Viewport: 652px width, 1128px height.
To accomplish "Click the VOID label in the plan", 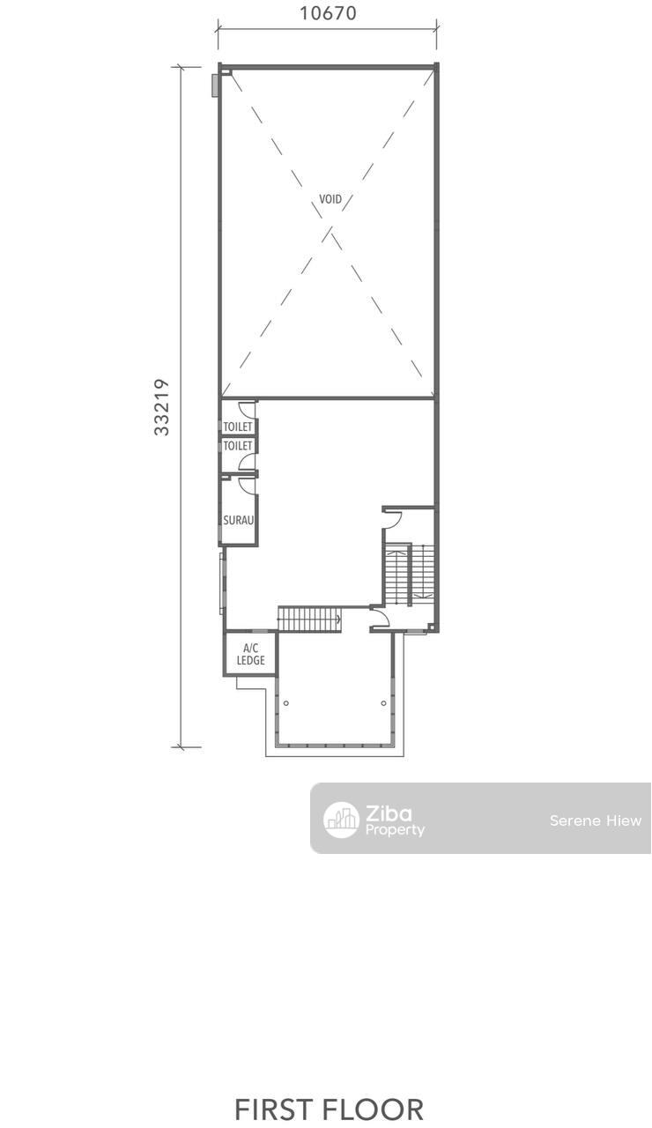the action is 330,199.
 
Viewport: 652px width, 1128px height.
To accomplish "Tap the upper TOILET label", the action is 238,427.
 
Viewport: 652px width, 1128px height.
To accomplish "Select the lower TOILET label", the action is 238,446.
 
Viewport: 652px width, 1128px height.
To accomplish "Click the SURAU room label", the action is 238,520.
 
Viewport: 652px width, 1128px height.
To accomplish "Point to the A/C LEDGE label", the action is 251,654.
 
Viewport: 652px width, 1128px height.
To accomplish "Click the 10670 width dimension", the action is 328,13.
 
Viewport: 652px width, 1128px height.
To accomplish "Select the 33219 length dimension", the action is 161,407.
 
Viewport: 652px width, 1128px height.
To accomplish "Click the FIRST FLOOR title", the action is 329,1109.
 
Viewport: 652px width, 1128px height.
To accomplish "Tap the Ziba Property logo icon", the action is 341,820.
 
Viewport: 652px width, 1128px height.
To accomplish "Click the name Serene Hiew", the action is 596,820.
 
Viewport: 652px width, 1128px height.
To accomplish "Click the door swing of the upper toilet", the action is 247,410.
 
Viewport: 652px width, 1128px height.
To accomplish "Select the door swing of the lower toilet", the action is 247,461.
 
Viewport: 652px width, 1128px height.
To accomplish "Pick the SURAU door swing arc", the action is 247,486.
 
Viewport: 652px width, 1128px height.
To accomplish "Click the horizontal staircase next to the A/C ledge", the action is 309,619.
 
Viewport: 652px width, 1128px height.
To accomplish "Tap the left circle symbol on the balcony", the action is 286,703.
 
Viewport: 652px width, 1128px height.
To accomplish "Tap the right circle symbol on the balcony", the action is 383,703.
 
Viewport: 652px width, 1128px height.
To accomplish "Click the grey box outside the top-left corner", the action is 215,85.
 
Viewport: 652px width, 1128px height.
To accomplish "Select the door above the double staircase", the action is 392,520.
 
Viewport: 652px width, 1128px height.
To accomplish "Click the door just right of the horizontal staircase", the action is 379,617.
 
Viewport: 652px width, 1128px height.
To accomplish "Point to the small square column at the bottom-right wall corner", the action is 431,627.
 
